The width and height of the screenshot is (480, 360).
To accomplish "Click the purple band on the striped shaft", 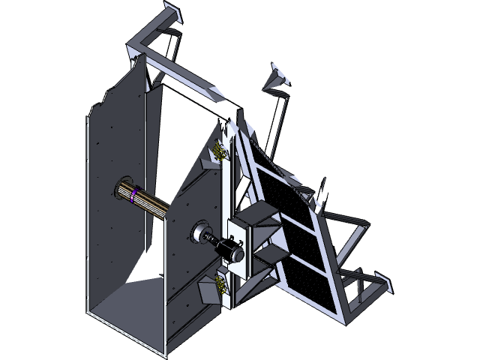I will tap(133, 196).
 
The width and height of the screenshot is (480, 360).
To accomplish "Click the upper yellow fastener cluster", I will tap(220, 149).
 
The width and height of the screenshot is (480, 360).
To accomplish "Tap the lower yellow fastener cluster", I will tap(220, 282).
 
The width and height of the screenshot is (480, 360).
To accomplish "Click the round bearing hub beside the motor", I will tap(202, 233).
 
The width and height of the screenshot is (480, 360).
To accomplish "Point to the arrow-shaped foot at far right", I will tap(388, 283).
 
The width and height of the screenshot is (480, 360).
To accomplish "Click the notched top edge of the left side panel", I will tap(101, 105).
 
